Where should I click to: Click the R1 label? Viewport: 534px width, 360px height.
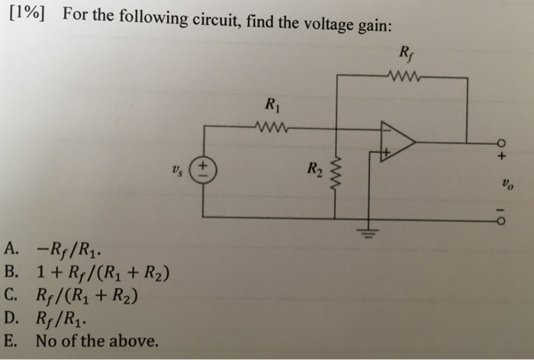268,107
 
